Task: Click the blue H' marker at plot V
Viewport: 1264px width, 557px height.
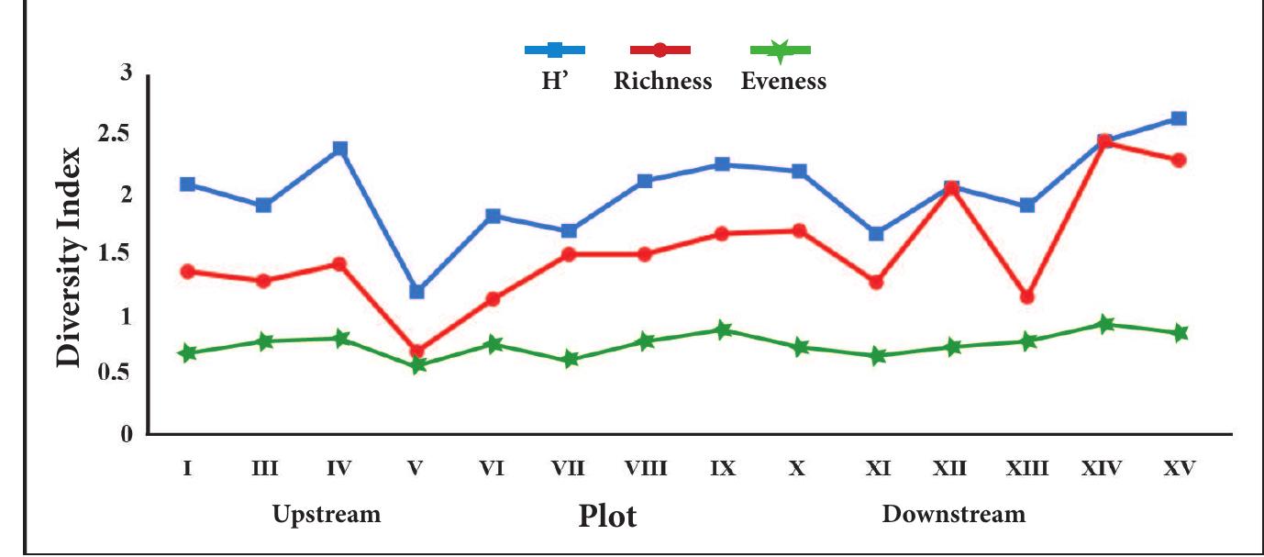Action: (x=416, y=292)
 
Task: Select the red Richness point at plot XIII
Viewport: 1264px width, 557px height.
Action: (x=1027, y=297)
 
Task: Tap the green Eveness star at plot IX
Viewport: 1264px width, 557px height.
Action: (x=723, y=330)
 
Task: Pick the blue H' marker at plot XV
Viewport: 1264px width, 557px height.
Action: (x=1179, y=118)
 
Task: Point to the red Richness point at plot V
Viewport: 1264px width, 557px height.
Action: (x=417, y=351)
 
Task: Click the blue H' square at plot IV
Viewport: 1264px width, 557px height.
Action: (x=340, y=149)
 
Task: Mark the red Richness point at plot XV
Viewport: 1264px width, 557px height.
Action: (x=1179, y=161)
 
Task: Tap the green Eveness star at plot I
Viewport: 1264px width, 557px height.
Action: (x=187, y=353)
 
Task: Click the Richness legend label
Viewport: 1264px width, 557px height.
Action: (x=662, y=82)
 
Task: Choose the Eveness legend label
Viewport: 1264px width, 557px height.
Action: (x=783, y=82)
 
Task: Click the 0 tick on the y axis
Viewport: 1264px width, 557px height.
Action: (x=127, y=434)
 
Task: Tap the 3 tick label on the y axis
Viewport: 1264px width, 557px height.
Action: (x=127, y=73)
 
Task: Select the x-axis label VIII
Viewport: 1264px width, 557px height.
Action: (x=646, y=469)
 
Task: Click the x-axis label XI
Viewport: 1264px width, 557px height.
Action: (x=877, y=469)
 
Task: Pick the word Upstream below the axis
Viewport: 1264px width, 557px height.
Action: (x=327, y=514)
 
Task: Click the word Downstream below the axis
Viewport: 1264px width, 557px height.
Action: (x=953, y=514)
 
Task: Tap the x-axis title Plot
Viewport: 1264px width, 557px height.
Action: (x=607, y=517)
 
